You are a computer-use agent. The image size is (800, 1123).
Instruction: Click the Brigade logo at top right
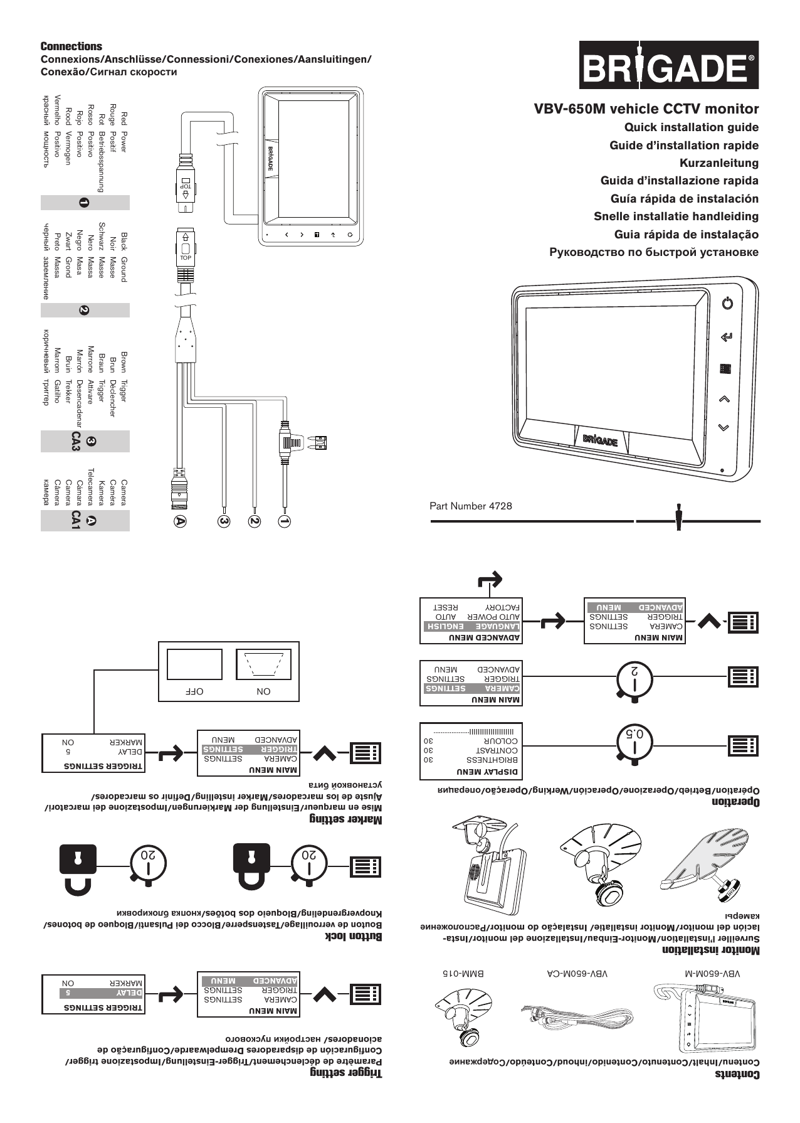668,65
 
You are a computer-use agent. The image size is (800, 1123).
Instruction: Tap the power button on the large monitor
727,304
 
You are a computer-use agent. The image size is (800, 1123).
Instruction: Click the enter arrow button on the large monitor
726,338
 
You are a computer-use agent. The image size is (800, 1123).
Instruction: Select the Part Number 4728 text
470,506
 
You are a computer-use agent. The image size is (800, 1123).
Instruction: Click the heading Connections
71,46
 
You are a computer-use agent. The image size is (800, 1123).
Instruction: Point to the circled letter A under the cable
181,521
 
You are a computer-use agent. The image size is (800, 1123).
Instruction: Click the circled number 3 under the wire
223,521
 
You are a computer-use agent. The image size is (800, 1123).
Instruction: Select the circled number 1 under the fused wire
285,521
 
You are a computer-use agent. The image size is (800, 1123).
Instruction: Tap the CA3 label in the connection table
76,442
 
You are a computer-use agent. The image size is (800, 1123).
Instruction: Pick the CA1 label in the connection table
76,521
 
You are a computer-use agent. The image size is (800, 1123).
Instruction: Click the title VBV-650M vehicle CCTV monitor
646,109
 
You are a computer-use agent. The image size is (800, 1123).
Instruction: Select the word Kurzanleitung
718,163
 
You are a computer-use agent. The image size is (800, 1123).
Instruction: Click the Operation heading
735,802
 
